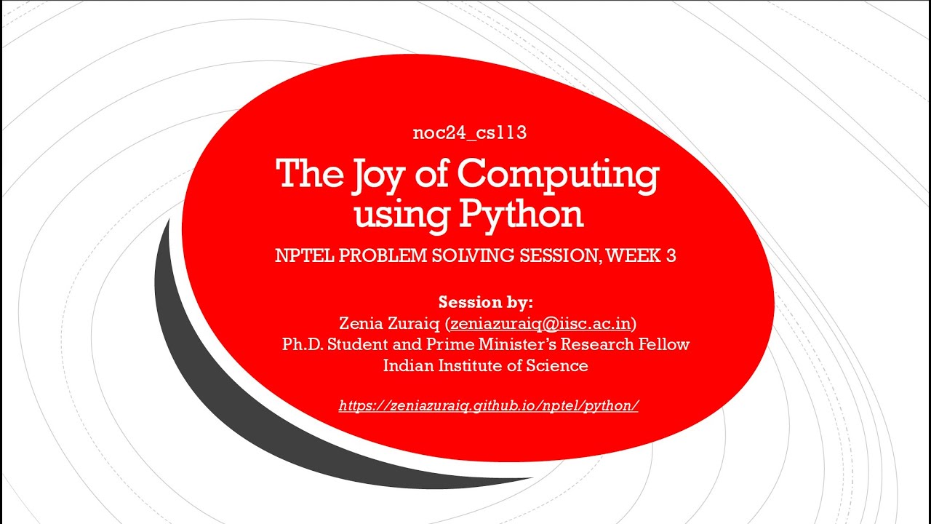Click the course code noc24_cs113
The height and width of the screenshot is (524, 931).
469,133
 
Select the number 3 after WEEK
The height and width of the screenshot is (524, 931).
670,257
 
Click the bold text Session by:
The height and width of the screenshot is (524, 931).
485,301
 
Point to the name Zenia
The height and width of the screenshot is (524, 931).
361,322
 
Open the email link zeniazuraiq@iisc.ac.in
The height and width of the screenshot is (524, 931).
540,322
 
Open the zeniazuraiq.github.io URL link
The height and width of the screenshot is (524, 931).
488,405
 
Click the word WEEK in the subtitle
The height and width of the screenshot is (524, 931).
632,257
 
